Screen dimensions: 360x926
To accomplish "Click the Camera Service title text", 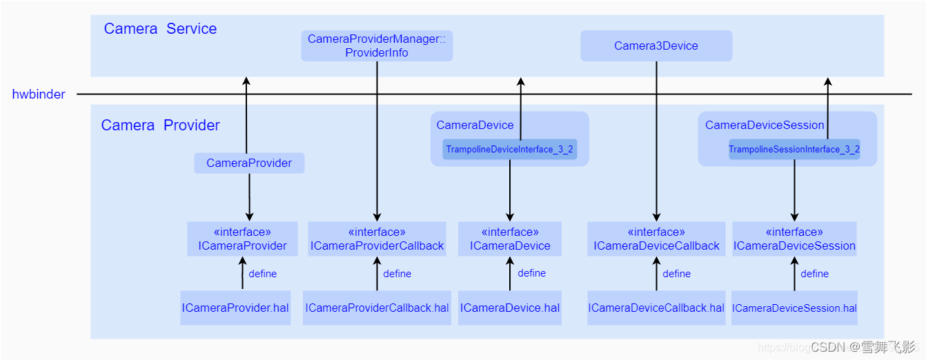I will [x=160, y=29].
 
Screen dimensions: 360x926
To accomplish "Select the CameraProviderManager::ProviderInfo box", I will [x=377, y=46].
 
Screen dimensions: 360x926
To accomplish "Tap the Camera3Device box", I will [x=656, y=46].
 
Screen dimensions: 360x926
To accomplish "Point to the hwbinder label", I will [x=39, y=94].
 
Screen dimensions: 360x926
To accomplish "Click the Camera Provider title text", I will [x=160, y=126].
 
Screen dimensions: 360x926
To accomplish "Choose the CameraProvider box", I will [x=249, y=163].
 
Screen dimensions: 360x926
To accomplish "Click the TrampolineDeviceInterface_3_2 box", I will [x=509, y=150].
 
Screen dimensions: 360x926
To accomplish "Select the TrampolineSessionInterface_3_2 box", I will [x=794, y=150].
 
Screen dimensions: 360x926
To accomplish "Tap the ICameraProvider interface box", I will [x=242, y=239].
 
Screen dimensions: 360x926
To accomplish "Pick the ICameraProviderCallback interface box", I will [x=377, y=239].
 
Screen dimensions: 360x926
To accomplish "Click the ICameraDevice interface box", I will [x=510, y=239].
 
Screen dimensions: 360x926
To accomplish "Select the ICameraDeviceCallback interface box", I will [x=656, y=239].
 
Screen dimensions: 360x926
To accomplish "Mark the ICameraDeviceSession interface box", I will [x=794, y=239].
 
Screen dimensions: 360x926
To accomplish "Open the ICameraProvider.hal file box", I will [x=235, y=308].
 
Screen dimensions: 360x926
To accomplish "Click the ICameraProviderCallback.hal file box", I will [x=377, y=308].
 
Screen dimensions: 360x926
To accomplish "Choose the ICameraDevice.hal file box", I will [x=510, y=308].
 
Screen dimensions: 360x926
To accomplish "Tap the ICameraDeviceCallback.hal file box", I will [x=656, y=308].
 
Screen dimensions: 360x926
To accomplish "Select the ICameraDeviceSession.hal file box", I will [x=794, y=308].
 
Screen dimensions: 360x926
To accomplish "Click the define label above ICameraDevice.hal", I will [x=531, y=273].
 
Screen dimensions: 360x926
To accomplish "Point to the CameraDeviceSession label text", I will [x=765, y=126].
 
